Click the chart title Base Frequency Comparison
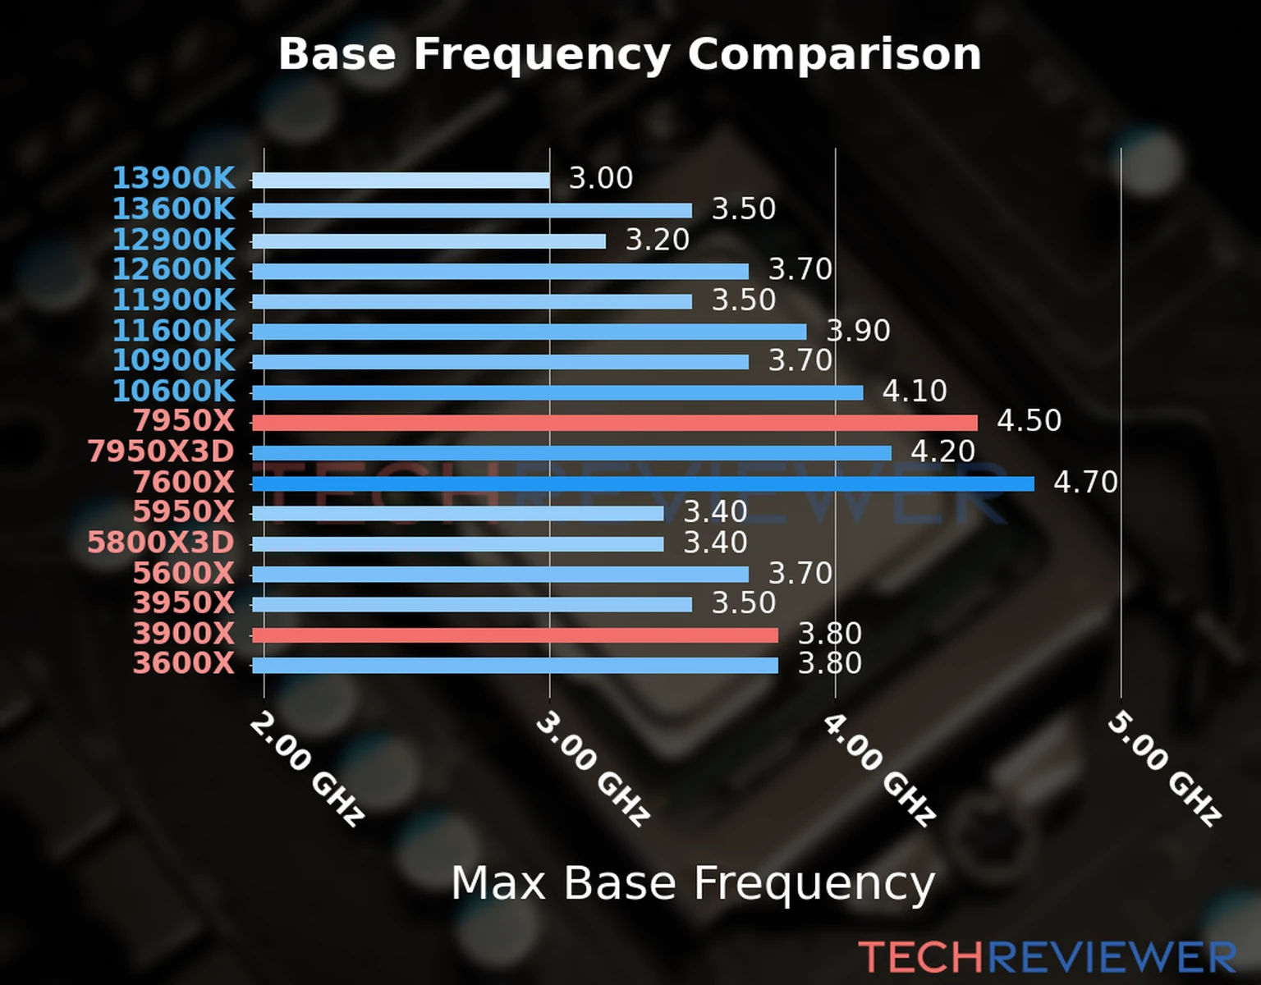click(x=630, y=54)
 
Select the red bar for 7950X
click(x=614, y=423)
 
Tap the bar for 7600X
click(x=642, y=483)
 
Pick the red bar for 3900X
click(x=515, y=635)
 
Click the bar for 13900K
click(x=401, y=180)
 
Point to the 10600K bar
click(x=557, y=392)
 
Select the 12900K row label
click(x=173, y=240)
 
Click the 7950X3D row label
click(x=161, y=451)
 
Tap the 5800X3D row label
click(x=161, y=543)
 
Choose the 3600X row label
click(x=184, y=663)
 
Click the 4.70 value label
click(x=1085, y=482)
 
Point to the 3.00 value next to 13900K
click(x=601, y=178)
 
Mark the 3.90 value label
click(x=858, y=331)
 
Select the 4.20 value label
click(x=942, y=451)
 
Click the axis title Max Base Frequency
click(x=693, y=884)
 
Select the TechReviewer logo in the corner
click(x=1047, y=957)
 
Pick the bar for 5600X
click(x=500, y=574)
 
